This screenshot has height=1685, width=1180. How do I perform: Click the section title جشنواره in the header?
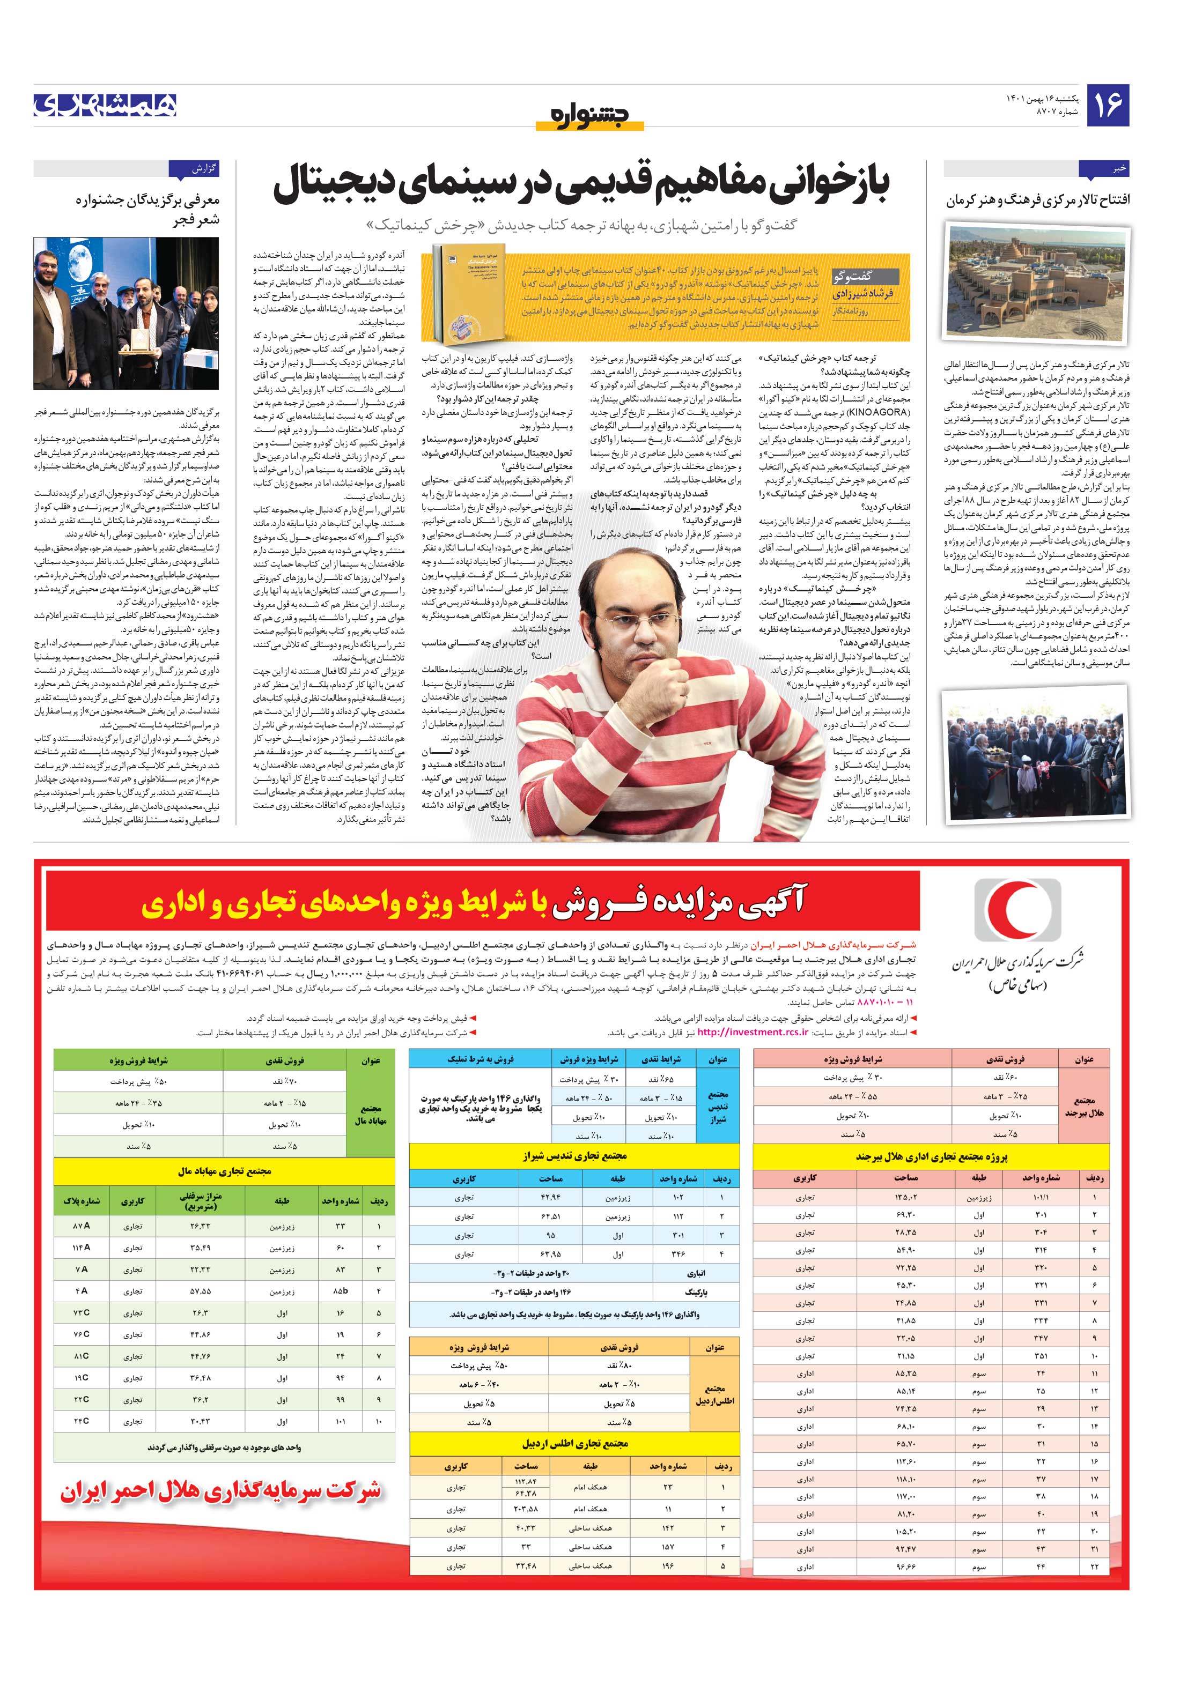tap(589, 115)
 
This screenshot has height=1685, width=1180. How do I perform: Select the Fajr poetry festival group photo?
tap(126, 296)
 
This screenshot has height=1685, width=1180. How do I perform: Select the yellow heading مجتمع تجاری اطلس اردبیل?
tap(575, 1444)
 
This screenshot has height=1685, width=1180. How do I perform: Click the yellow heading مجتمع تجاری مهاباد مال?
tap(225, 1171)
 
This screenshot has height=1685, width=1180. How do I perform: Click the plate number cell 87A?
tap(81, 1226)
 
